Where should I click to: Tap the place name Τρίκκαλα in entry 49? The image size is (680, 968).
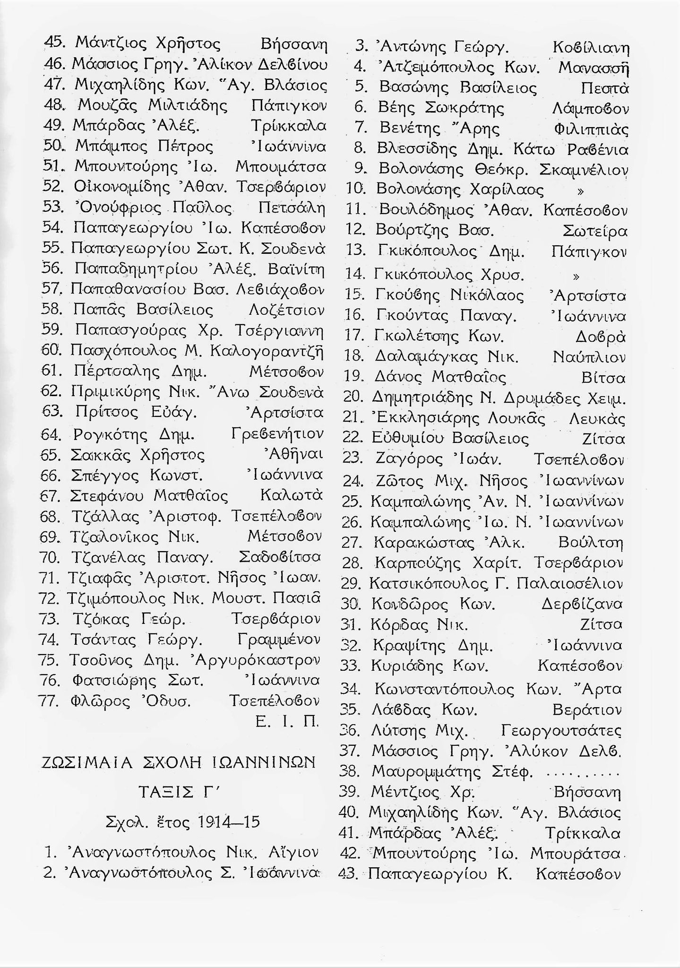pos(288,126)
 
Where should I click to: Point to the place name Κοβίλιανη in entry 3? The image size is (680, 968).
pos(591,48)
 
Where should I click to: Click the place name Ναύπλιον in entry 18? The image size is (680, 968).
pos(589,357)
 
